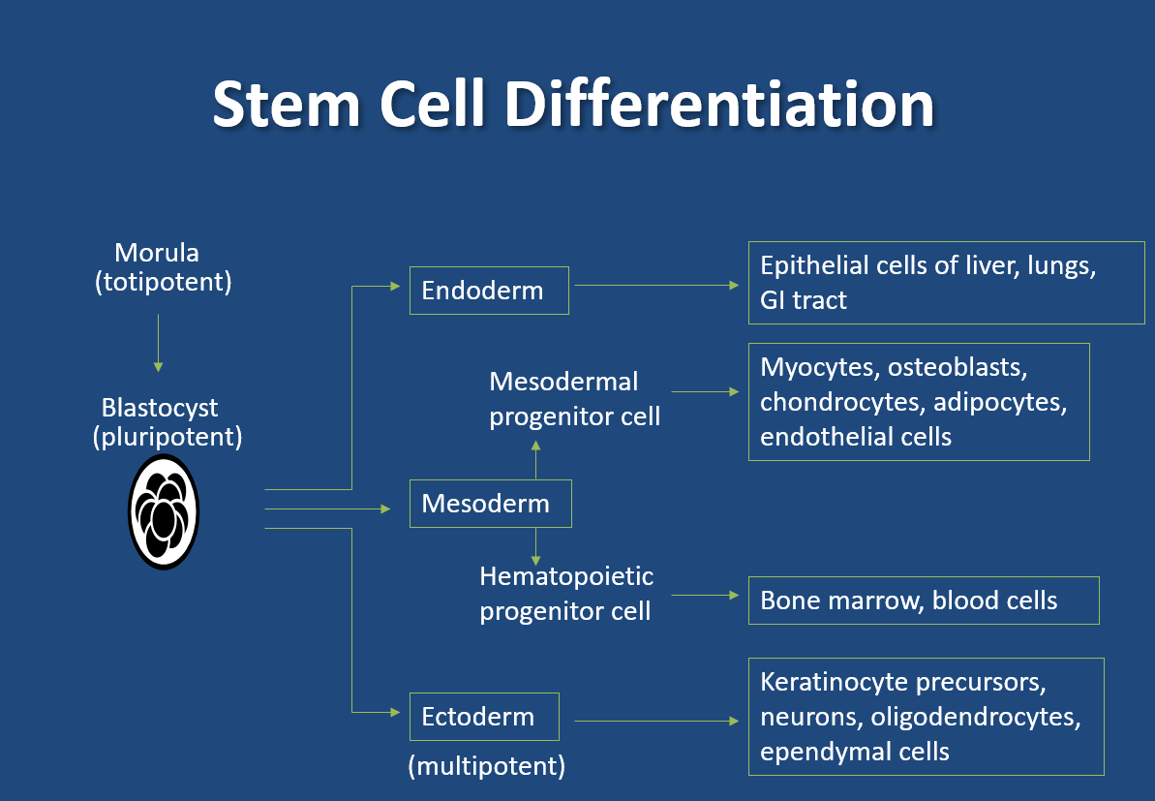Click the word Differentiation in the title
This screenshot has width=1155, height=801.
pos(719,104)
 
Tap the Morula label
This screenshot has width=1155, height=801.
pos(157,253)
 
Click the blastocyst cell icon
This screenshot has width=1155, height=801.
pos(164,511)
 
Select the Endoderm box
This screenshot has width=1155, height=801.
pos(489,291)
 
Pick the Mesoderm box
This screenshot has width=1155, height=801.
pos(491,504)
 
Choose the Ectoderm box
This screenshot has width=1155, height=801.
pos(484,717)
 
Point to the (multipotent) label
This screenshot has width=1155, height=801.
pos(487,766)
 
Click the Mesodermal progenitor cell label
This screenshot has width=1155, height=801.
pos(574,399)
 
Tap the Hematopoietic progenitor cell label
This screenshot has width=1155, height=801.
pos(565,593)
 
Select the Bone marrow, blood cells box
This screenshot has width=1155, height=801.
pos(924,601)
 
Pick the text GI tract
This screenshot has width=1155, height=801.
pos(803,300)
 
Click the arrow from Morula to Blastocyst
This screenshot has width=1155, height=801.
pos(158,344)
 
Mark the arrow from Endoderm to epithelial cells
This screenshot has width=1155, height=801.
pos(656,285)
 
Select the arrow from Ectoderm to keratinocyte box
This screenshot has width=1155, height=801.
pos(656,721)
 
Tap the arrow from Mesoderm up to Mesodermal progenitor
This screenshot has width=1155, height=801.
pos(535,460)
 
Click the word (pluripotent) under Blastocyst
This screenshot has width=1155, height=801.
pos(167,437)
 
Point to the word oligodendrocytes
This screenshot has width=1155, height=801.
pos(975,717)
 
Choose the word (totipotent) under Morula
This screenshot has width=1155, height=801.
pos(163,282)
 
